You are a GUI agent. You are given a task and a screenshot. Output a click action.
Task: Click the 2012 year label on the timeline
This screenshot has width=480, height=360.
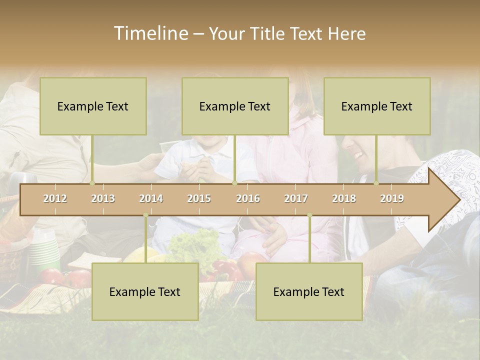[x=55, y=198]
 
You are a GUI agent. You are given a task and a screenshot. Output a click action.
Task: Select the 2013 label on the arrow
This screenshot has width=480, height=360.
[x=103, y=198]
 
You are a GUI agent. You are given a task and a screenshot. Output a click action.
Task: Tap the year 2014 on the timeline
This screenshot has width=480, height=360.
[x=151, y=198]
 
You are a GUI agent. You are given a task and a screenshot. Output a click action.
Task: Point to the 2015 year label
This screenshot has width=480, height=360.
[x=199, y=198]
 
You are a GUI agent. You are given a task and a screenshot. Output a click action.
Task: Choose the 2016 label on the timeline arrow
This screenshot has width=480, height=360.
[x=248, y=198]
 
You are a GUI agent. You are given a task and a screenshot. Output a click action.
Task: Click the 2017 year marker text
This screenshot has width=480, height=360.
[x=296, y=198]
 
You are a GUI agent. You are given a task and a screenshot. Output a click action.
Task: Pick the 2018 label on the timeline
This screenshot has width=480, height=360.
[x=344, y=198]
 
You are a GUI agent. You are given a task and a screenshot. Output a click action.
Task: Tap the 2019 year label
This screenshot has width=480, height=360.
[x=392, y=198]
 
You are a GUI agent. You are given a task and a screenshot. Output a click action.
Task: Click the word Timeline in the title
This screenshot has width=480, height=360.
[x=150, y=33]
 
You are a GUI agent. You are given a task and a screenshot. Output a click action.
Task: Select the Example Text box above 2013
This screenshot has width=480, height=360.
[x=93, y=106]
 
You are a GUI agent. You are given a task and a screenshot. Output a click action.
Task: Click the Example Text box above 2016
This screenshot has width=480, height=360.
[x=235, y=106]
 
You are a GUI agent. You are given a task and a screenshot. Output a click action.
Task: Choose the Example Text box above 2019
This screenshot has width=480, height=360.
[x=377, y=106]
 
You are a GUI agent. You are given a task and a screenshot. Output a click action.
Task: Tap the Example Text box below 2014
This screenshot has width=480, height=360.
[x=145, y=291]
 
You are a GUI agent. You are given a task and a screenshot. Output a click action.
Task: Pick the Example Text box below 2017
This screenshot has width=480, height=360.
[x=309, y=291]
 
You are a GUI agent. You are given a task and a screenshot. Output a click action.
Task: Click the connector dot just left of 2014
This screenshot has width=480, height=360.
[x=145, y=215]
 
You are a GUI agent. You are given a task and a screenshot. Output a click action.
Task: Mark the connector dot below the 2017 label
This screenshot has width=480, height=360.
[x=309, y=215]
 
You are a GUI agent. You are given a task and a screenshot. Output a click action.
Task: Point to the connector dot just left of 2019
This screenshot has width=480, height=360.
[x=376, y=183]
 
